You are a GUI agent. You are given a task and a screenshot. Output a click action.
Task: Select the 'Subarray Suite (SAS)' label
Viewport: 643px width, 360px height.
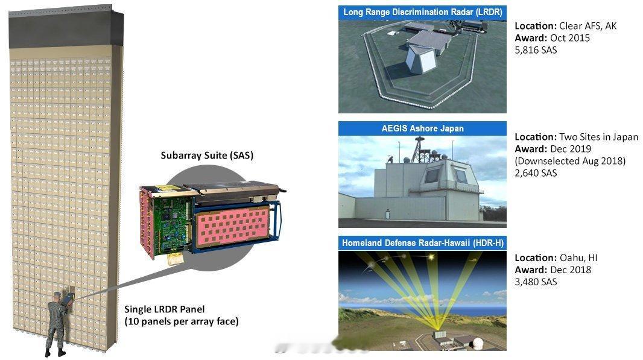point(207,156)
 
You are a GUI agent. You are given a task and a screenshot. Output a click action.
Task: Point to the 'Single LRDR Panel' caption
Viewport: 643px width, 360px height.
point(165,309)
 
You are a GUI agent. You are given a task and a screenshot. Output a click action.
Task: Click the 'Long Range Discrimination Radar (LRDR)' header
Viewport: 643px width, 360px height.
point(422,12)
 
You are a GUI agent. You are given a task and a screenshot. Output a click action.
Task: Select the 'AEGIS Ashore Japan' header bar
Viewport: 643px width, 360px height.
point(422,128)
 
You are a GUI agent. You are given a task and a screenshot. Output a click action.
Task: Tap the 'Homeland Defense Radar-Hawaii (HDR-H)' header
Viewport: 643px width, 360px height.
point(422,243)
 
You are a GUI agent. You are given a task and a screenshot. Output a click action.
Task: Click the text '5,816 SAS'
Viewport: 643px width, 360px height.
point(536,50)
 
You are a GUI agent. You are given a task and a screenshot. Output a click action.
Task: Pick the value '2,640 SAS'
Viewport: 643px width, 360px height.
point(536,173)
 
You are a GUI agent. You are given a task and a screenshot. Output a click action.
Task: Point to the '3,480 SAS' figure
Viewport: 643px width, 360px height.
point(536,282)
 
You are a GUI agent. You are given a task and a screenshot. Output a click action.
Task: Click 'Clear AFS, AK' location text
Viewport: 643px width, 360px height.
point(588,27)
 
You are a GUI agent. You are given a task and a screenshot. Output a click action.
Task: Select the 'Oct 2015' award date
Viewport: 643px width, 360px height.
point(570,38)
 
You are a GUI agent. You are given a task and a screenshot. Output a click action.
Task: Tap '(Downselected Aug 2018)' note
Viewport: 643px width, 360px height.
point(571,161)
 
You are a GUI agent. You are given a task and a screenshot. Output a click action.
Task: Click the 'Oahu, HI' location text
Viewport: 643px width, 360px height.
point(578,258)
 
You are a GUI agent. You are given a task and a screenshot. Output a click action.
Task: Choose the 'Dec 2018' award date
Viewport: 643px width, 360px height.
point(571,270)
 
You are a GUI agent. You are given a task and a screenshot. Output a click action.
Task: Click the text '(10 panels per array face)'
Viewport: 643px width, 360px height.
point(182,321)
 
